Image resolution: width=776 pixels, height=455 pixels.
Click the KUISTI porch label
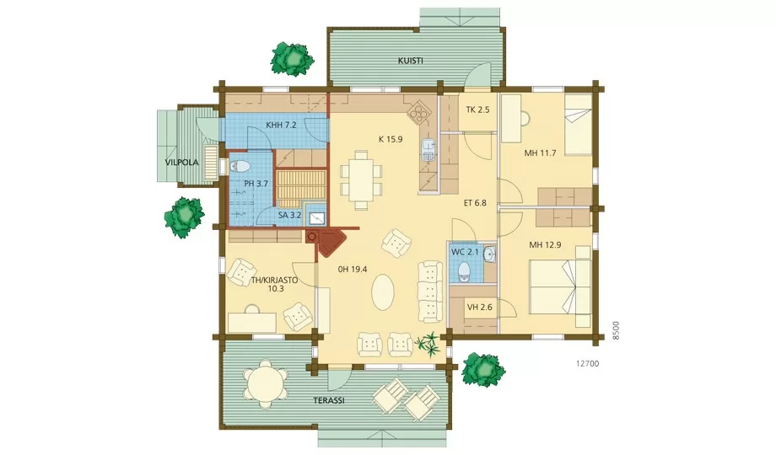click(x=410, y=61)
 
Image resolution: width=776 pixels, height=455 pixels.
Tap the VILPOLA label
click(x=181, y=163)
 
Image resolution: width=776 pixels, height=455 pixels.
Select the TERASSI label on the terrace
click(x=329, y=400)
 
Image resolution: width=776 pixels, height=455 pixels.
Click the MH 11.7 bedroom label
click(x=540, y=153)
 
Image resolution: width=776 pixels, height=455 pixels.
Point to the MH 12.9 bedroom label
click(x=545, y=244)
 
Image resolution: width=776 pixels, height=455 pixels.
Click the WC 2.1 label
click(x=465, y=252)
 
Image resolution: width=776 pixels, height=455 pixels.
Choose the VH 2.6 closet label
click(x=480, y=307)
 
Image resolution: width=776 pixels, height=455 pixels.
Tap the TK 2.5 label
click(x=477, y=110)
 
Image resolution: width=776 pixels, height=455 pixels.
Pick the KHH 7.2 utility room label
click(x=281, y=125)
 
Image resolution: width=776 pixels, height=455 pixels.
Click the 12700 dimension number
click(x=587, y=363)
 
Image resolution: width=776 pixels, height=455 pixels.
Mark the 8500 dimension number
click(x=616, y=330)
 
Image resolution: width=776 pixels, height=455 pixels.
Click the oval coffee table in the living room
click(x=383, y=292)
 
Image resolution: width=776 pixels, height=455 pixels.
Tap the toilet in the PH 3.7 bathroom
click(x=240, y=166)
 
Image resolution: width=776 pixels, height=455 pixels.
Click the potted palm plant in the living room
click(x=427, y=344)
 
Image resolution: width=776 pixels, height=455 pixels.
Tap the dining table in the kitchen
click(x=361, y=180)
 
